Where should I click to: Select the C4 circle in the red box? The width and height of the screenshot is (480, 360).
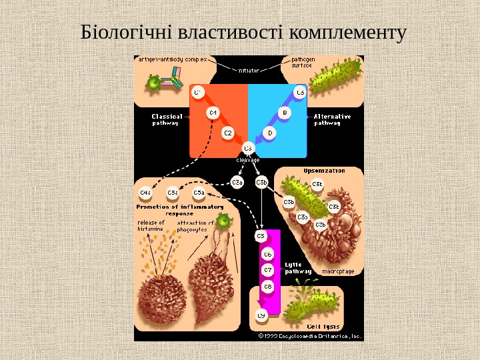point(213,113)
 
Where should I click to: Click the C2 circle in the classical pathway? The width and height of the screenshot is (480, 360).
point(228,133)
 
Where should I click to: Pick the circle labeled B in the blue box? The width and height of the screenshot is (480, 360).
point(284,113)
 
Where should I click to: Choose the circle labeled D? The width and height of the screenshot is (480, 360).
point(270,133)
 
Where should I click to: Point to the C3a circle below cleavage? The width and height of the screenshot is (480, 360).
point(237,181)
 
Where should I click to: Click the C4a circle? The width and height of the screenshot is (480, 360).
point(145,193)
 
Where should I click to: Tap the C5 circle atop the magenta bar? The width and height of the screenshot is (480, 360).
point(261,236)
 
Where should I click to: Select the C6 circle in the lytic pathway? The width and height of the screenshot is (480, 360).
point(268,254)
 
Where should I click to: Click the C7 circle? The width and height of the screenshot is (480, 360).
point(268,270)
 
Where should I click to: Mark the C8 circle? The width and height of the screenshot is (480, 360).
point(268,287)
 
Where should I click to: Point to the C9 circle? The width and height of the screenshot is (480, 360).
point(261,315)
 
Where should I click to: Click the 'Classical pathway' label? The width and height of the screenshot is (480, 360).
point(167,119)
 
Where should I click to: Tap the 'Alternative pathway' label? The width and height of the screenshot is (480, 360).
point(332,119)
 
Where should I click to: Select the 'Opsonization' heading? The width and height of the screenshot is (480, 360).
point(325,171)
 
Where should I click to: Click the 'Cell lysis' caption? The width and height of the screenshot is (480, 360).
point(323,327)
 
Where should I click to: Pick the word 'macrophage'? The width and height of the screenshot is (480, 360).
point(337,271)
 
